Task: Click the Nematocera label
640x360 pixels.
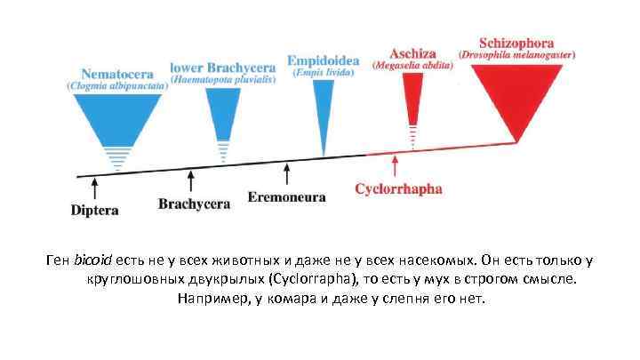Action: [x=116, y=74]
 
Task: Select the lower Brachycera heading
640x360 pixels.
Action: [x=223, y=67]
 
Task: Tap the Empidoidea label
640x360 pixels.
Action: [x=323, y=60]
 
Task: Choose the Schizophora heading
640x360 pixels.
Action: [x=516, y=42]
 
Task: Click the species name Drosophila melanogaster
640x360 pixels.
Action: [x=516, y=54]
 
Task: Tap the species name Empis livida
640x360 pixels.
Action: [x=323, y=71]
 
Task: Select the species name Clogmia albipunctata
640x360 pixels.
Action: [x=116, y=86]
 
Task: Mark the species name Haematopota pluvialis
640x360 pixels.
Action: [x=223, y=79]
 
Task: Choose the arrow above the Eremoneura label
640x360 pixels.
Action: [x=286, y=173]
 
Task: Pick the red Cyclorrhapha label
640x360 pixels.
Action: [x=398, y=189]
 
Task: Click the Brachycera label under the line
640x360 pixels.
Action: [x=194, y=204]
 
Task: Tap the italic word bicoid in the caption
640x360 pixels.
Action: [x=93, y=260]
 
